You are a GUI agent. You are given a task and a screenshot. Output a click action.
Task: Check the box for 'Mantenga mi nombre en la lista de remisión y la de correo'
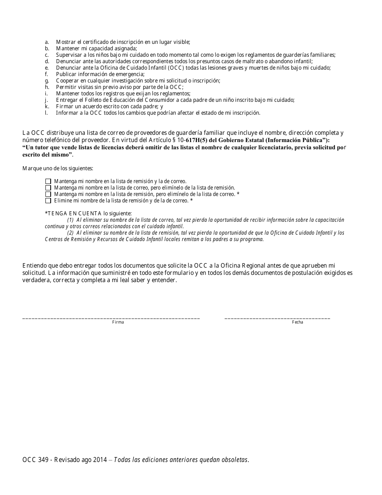click(x=48, y=181)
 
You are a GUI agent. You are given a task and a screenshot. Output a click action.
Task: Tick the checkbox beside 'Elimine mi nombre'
click(x=48, y=200)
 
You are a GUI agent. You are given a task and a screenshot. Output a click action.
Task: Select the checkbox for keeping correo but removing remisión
click(x=48, y=188)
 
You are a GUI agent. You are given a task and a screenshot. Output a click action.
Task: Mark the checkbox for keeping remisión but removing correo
click(x=48, y=194)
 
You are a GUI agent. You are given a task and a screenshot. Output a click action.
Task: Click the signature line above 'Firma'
click(x=111, y=318)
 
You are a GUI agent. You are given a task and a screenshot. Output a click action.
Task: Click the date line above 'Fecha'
click(x=277, y=318)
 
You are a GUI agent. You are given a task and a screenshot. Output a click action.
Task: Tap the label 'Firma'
click(x=118, y=322)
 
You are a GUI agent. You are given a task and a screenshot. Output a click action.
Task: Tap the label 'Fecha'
click(x=298, y=322)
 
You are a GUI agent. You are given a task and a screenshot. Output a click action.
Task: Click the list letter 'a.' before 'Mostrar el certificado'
click(x=47, y=42)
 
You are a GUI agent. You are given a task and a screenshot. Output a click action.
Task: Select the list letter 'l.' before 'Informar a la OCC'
click(x=47, y=113)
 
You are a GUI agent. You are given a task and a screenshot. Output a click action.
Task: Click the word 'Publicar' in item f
click(x=66, y=74)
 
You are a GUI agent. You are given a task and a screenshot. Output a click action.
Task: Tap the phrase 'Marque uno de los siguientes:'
click(x=58, y=168)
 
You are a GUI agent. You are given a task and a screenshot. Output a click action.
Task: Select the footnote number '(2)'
click(x=70, y=233)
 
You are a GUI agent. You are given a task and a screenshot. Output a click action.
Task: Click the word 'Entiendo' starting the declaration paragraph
click(x=34, y=265)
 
